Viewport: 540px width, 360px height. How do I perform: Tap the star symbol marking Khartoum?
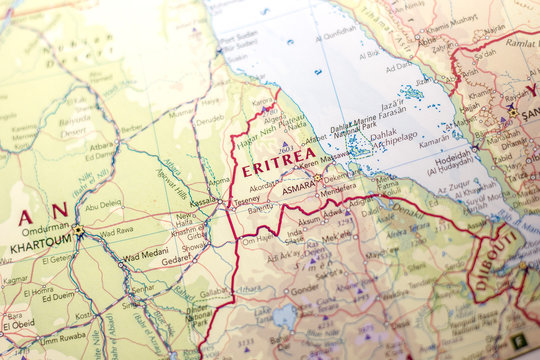click(x=78, y=230)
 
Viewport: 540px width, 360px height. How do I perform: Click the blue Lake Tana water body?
click(x=286, y=318)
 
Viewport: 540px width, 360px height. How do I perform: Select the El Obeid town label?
click(x=18, y=325)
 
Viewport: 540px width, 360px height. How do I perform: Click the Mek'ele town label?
click(x=335, y=237)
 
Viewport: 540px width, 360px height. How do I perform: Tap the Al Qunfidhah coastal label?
click(x=339, y=30)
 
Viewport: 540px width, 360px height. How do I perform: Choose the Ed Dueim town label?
click(x=57, y=296)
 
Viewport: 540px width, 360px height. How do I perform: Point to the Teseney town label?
click(x=246, y=198)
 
